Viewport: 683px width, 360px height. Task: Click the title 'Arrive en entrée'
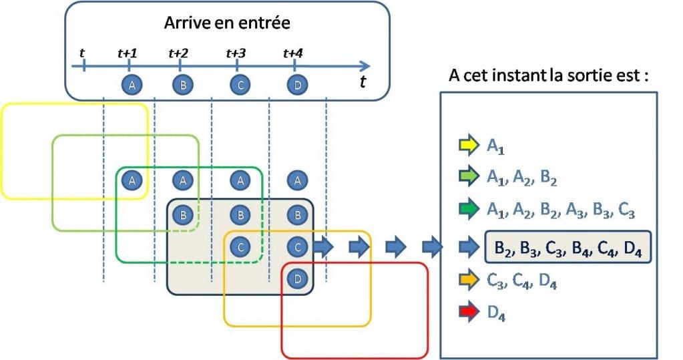tap(226, 23)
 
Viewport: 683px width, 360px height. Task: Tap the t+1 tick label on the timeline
tap(128, 53)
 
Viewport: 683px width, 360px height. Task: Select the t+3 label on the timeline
tap(236, 53)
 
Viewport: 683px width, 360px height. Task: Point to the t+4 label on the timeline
tap(294, 53)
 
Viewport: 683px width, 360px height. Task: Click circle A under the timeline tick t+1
tap(132, 85)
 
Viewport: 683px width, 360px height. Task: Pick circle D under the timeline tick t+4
tap(296, 85)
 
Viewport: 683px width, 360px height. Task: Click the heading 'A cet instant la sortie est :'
tap(549, 75)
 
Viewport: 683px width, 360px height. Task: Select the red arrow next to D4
tap(469, 311)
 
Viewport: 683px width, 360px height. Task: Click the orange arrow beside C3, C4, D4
tap(469, 282)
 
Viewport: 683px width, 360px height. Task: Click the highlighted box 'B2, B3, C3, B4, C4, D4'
tap(566, 248)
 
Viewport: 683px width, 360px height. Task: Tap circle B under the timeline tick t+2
tap(182, 85)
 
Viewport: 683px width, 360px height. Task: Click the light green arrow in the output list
tap(469, 176)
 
